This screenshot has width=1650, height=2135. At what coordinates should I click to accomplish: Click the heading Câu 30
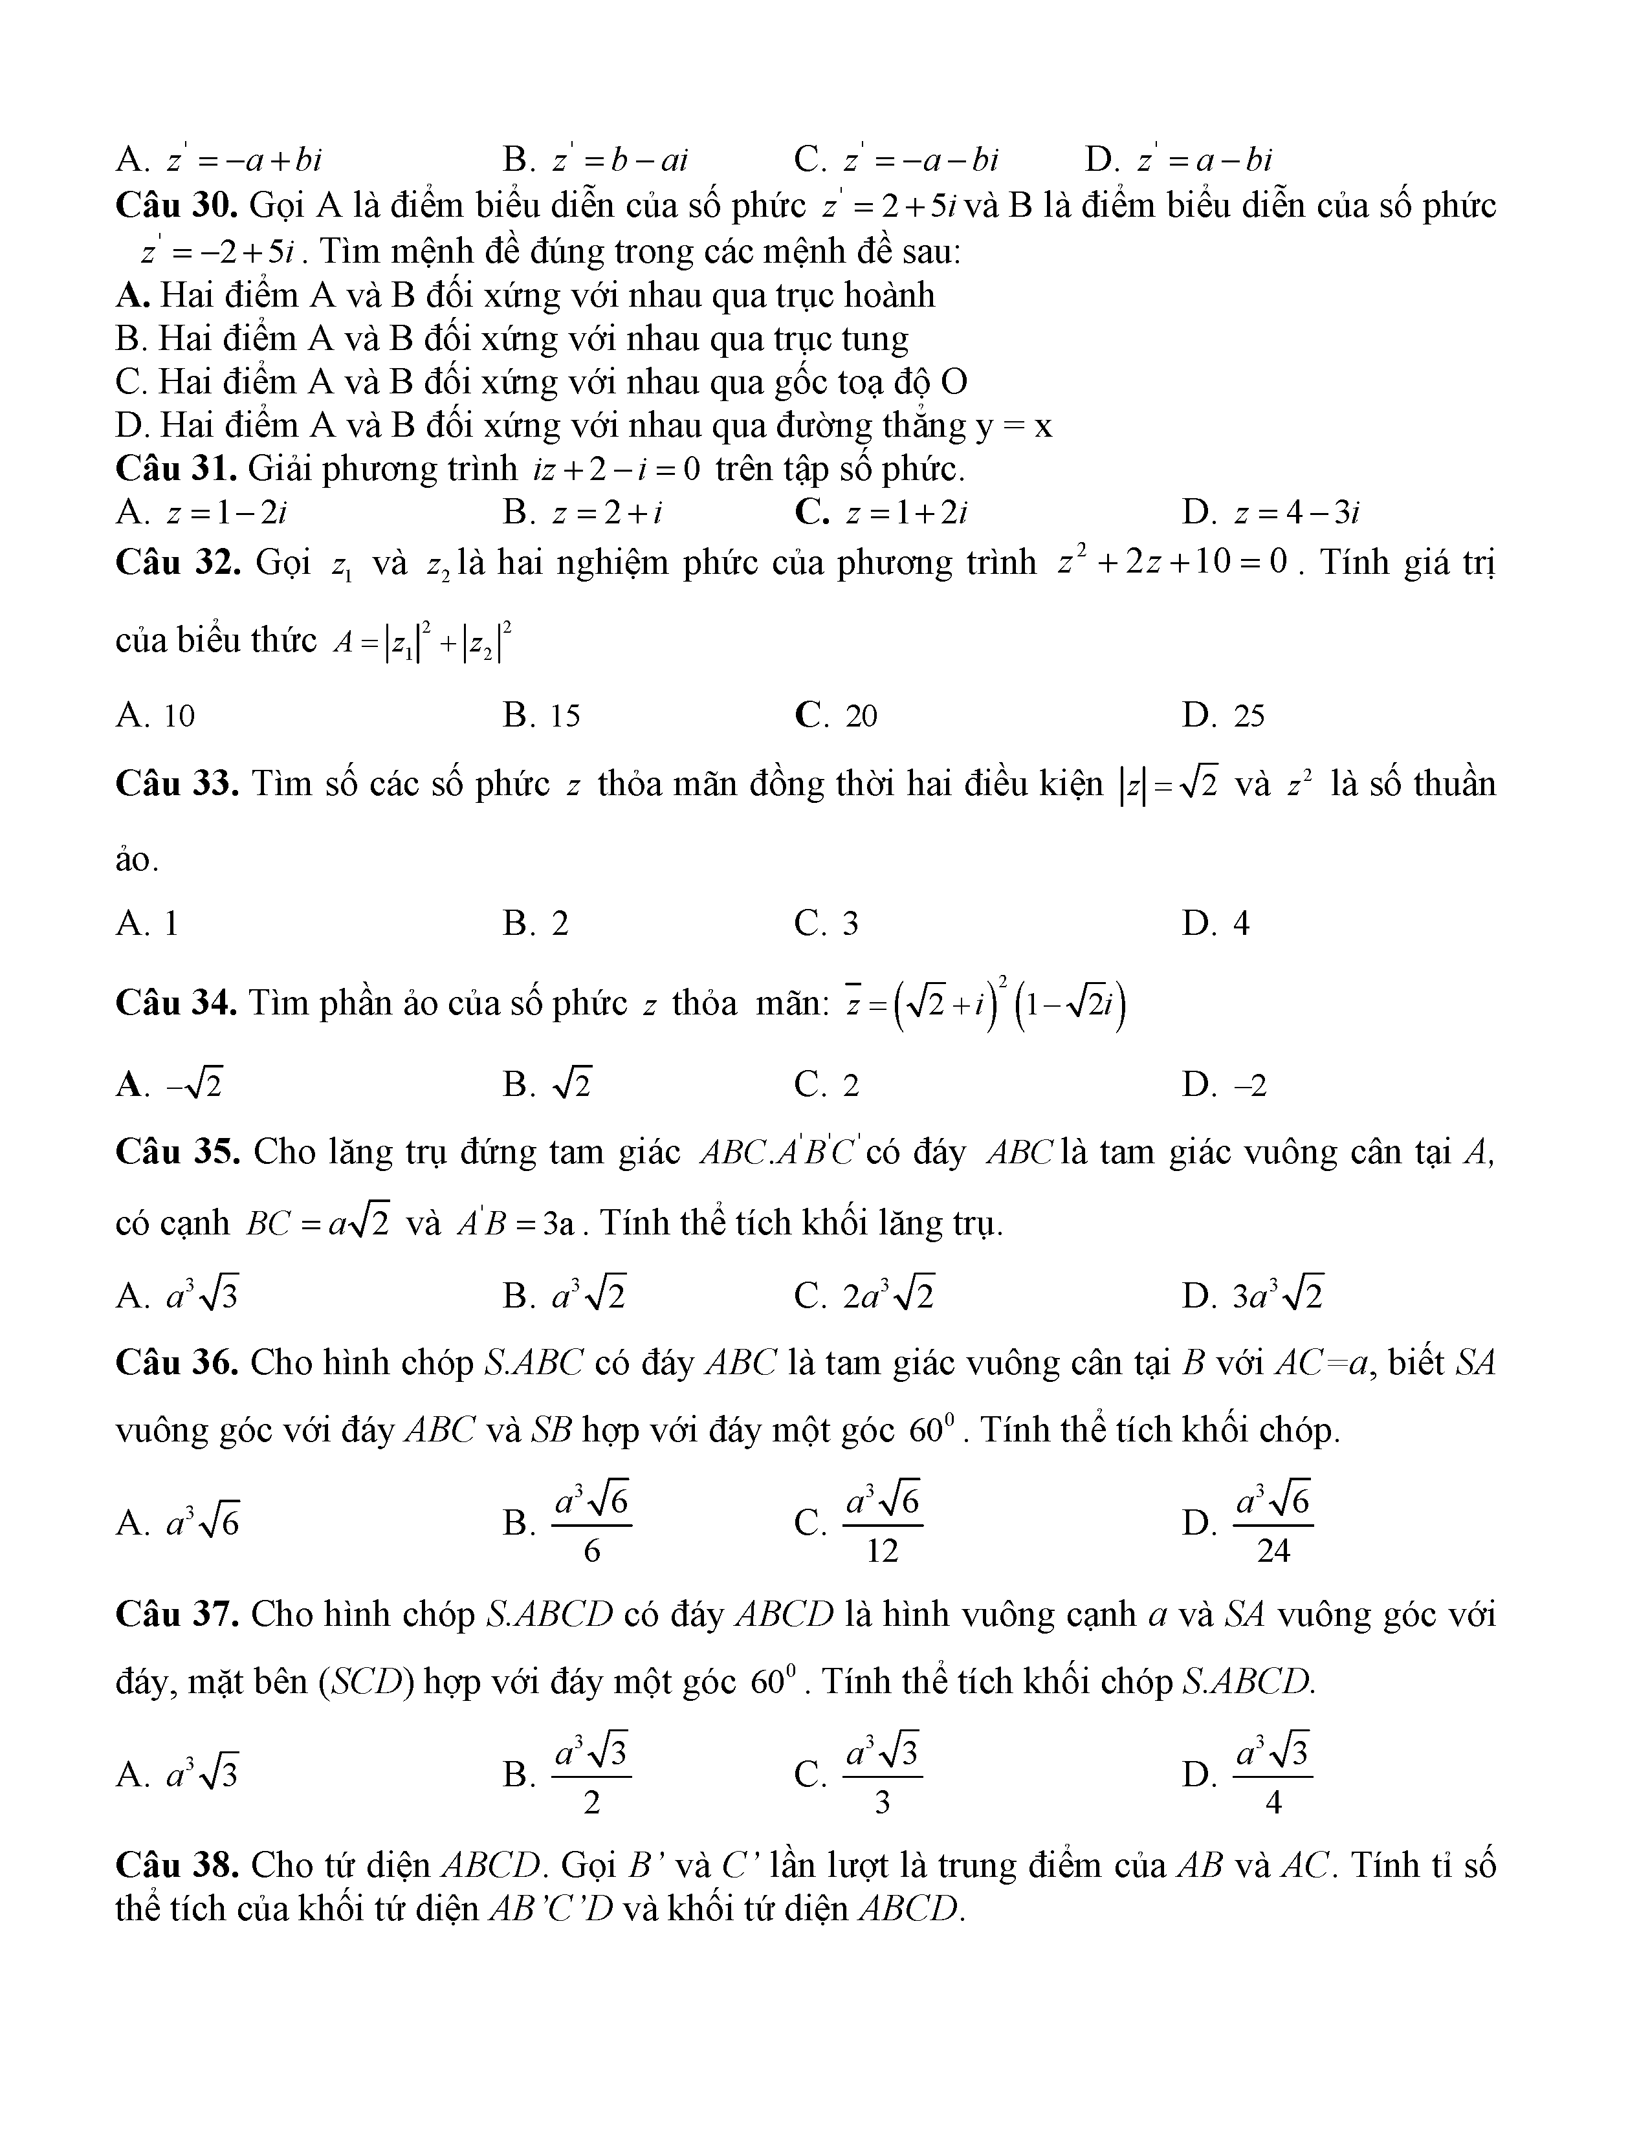[x=178, y=206]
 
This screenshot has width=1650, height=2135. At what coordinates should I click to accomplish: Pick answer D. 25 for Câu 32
[x=1223, y=716]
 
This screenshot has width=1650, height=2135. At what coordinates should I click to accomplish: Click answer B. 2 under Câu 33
[x=536, y=923]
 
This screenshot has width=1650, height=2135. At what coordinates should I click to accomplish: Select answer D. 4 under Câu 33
[x=1215, y=923]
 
